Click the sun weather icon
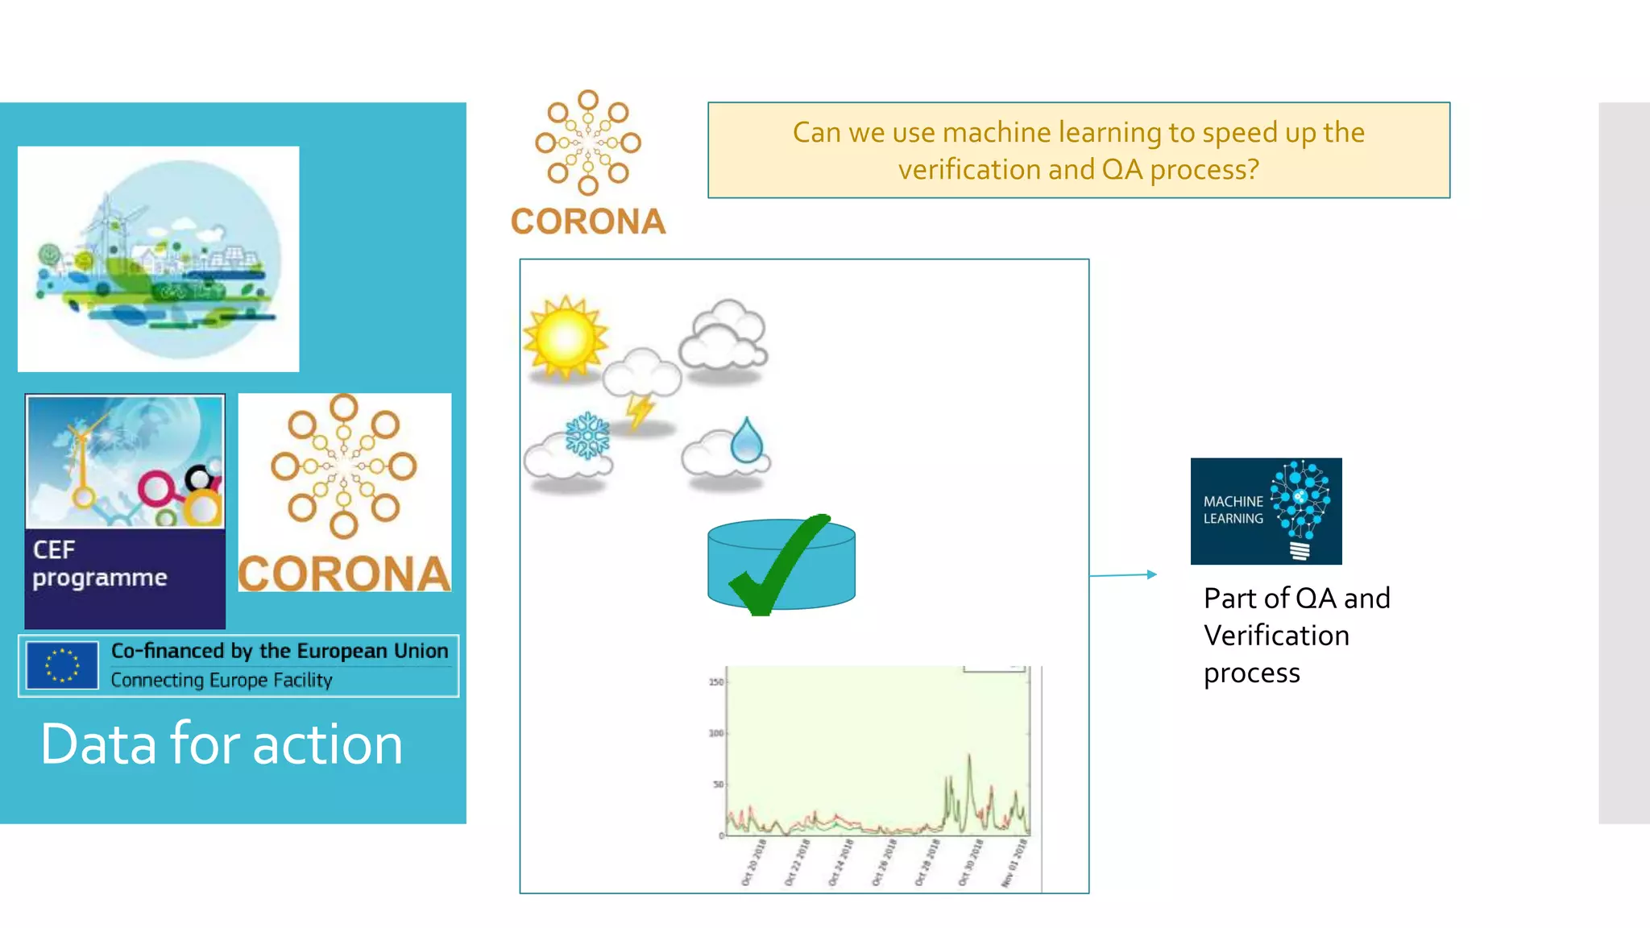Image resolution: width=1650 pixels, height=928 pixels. [x=565, y=338]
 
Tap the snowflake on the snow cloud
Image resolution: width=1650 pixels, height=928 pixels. [x=587, y=435]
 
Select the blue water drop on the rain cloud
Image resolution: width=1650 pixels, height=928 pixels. [x=747, y=440]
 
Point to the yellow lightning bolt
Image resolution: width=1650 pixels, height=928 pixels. [x=640, y=412]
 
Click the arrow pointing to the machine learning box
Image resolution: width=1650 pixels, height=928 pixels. [x=1124, y=574]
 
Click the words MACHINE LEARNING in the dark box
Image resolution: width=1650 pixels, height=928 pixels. [x=1233, y=510]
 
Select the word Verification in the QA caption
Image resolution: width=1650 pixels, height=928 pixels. [x=1276, y=636]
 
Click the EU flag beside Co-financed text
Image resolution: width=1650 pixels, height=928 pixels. [x=62, y=665]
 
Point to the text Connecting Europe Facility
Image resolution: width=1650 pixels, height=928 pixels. [x=222, y=680]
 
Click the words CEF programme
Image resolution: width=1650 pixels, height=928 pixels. [x=99, y=564]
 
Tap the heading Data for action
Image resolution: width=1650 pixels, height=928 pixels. [x=222, y=744]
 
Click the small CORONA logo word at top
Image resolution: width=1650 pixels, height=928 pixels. [x=588, y=222]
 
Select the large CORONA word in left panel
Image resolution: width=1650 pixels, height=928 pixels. [x=344, y=574]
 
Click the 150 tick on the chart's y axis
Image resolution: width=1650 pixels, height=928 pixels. [x=715, y=682]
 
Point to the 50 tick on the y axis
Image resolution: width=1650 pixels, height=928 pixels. [x=718, y=784]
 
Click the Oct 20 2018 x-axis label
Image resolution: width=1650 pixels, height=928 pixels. [x=752, y=863]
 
